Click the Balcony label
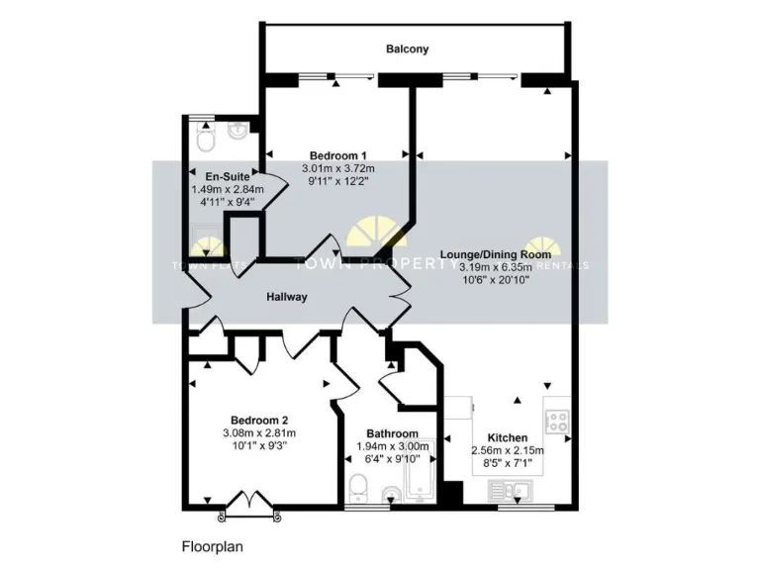[x=407, y=48]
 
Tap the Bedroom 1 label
[x=338, y=155]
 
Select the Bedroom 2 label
[x=260, y=420]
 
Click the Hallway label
[x=286, y=297]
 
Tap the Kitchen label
[x=507, y=437]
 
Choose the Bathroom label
[x=392, y=433]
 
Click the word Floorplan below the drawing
[x=213, y=545]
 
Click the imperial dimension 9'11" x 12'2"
[x=338, y=181]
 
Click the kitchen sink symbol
[x=513, y=488]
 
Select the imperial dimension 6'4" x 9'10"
[x=392, y=458]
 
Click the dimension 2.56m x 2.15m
[x=507, y=450]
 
